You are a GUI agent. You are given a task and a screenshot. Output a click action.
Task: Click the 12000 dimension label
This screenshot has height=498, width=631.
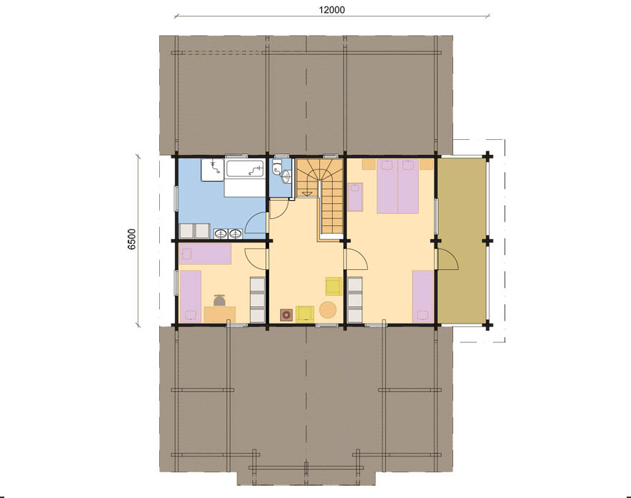click(331, 9)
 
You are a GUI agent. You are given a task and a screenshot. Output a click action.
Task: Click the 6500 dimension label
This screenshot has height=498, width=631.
click(133, 239)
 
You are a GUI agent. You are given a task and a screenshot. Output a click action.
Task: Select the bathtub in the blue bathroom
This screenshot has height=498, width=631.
click(245, 169)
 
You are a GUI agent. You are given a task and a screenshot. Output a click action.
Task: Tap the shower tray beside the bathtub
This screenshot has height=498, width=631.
click(213, 169)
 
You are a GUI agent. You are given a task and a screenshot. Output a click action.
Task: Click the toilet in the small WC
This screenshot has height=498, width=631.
click(277, 167)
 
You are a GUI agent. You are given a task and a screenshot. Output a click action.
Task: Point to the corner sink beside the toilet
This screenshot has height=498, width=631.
click(286, 177)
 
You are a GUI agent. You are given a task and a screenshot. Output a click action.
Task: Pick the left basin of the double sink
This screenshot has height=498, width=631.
click(221, 233)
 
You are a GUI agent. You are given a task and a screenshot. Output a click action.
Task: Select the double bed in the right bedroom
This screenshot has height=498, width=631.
click(397, 186)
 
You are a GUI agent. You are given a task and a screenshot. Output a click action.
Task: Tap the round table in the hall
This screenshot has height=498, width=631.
click(328, 310)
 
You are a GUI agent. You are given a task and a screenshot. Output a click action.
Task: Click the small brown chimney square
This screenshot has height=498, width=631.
click(287, 315)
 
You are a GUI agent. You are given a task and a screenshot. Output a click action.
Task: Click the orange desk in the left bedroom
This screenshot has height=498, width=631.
click(219, 314)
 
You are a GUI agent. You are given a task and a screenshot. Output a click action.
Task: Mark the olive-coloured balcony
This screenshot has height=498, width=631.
click(461, 240)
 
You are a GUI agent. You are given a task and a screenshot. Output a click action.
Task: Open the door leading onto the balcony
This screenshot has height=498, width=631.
click(447, 260)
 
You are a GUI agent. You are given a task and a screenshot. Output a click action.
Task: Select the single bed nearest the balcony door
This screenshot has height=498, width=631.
click(422, 296)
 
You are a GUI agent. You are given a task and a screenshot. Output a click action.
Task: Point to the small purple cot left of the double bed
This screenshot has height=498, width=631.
click(356, 197)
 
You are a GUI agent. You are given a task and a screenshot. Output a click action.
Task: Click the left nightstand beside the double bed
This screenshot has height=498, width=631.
click(369, 164)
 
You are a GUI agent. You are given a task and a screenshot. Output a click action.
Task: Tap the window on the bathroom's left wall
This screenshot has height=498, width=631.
click(176, 198)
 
